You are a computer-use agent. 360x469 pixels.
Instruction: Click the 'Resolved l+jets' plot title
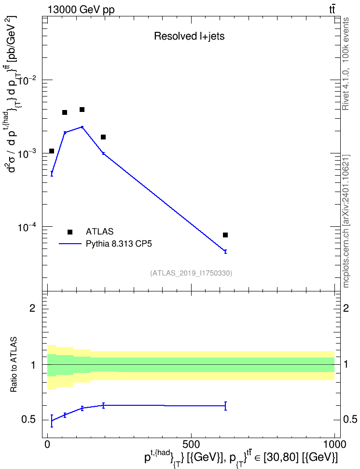[189, 36]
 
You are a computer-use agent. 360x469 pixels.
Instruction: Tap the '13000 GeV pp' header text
[81, 10]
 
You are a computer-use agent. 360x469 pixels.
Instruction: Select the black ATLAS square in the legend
[70, 232]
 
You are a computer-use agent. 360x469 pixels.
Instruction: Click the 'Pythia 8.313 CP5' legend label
[119, 244]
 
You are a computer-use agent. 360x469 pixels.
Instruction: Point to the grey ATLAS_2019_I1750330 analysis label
[191, 273]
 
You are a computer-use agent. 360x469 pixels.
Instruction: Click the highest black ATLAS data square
[82, 110]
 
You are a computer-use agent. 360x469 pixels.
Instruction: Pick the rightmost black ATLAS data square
[225, 235]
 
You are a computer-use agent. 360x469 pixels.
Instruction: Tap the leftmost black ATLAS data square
[52, 151]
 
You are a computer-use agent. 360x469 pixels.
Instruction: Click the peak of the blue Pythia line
[82, 127]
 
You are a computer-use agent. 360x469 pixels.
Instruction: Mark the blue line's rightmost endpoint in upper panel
[225, 251]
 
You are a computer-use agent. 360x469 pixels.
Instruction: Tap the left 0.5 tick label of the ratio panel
[28, 420]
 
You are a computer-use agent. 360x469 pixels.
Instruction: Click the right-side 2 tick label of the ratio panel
[346, 308]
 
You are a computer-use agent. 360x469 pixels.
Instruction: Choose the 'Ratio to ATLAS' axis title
[14, 364]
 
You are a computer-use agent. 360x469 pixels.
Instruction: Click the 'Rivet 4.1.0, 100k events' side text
[346, 64]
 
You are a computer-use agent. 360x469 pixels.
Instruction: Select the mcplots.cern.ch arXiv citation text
[346, 221]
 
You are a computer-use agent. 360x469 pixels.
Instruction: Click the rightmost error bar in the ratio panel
[225, 406]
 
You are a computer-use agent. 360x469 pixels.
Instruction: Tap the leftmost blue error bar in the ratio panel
[52, 421]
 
